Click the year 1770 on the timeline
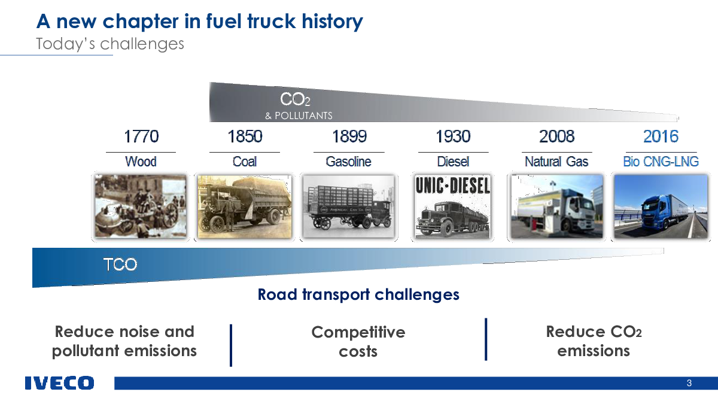click(x=141, y=136)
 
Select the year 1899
click(x=349, y=136)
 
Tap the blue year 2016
click(x=661, y=136)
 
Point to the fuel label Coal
click(x=245, y=162)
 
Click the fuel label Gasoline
click(x=348, y=162)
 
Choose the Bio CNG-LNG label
click(x=661, y=162)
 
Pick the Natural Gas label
click(x=556, y=162)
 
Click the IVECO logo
click(x=60, y=383)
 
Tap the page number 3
click(x=689, y=383)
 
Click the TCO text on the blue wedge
click(x=120, y=265)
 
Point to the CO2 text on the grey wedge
click(x=295, y=99)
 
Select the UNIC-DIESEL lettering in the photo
click(x=452, y=186)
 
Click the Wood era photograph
click(x=141, y=206)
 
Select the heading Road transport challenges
click(x=358, y=294)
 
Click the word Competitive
click(x=358, y=332)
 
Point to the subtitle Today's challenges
click(x=110, y=44)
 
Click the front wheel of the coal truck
click(x=217, y=225)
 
